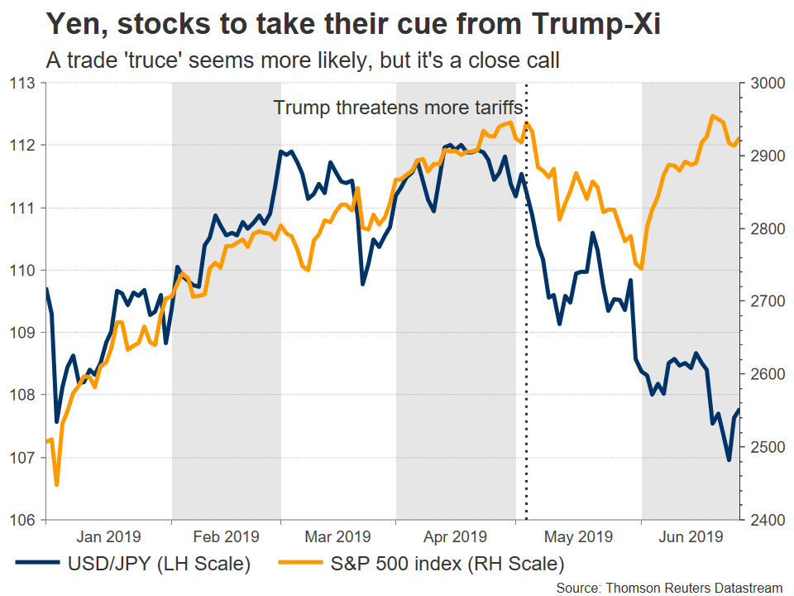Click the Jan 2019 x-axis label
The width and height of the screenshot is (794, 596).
108,536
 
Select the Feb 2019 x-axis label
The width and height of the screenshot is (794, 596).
226,536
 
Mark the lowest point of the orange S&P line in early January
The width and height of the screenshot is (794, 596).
56,485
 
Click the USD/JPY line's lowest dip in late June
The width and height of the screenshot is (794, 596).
729,460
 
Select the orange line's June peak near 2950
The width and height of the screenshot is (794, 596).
712,116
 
